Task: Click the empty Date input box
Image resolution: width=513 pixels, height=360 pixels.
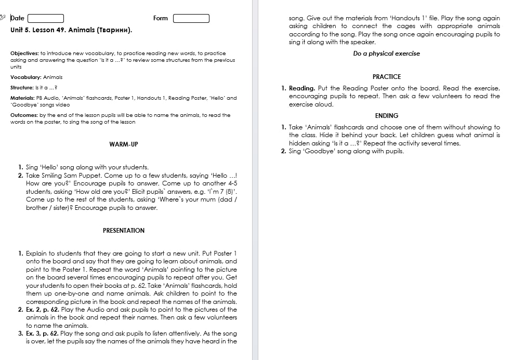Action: [x=45, y=19]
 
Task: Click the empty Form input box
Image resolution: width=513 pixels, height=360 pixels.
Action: [x=191, y=19]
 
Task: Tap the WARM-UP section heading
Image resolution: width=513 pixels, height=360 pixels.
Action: [x=124, y=144]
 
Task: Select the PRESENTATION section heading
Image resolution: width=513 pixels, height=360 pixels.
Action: [x=124, y=230]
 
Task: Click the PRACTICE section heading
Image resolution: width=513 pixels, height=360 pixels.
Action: [x=387, y=76]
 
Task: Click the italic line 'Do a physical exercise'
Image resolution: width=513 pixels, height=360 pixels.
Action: [x=386, y=54]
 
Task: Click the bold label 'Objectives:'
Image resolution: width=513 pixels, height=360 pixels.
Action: [x=24, y=53]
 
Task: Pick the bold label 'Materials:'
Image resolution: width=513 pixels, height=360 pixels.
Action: [x=23, y=98]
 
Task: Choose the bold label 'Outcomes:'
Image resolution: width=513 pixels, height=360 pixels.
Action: [x=24, y=115]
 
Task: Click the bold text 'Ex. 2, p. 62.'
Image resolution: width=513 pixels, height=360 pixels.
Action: [x=43, y=310]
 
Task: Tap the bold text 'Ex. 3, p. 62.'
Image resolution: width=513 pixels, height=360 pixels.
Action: [x=43, y=334]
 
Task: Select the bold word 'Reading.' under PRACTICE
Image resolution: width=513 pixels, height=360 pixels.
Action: [x=302, y=88]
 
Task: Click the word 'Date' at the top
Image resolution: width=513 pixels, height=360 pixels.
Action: [x=17, y=18]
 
